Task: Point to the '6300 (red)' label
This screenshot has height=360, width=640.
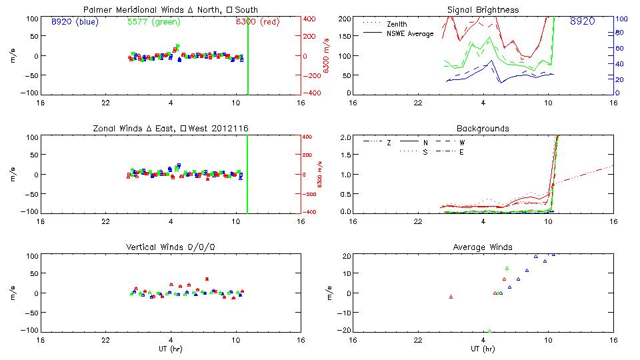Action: pyautogui.click(x=256, y=22)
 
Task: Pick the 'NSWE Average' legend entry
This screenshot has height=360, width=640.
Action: pyautogui.click(x=410, y=33)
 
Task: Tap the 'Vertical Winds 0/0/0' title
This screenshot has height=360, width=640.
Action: pyautogui.click(x=171, y=247)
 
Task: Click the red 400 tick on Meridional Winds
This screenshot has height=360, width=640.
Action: pyautogui.click(x=310, y=19)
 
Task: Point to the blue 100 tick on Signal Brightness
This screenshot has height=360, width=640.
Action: pyautogui.click(x=619, y=19)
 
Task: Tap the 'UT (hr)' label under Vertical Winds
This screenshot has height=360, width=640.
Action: pyautogui.click(x=171, y=349)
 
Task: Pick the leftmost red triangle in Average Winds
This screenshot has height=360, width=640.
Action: pyautogui.click(x=451, y=297)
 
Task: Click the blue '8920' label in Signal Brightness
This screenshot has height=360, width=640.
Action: pyautogui.click(x=582, y=22)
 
